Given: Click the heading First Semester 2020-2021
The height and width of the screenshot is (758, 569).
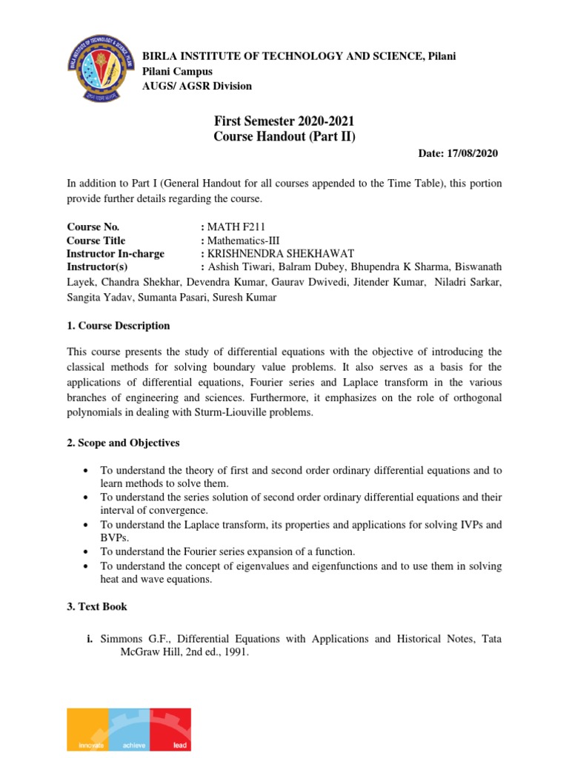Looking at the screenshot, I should coord(279,121).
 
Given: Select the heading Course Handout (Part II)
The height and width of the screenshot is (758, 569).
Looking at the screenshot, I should coord(279,135).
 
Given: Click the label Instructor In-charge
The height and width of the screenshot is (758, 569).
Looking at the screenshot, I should coord(116,253).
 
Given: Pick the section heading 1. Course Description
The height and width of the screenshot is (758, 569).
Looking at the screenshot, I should coord(118,326).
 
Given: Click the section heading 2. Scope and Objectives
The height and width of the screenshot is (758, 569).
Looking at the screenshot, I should coord(123,443).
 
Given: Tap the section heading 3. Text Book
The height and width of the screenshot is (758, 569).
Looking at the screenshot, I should coord(97,606).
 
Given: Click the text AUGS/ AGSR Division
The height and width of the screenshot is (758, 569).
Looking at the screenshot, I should coord(196,86).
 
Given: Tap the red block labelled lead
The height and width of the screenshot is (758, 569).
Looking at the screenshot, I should coord(170,729).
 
